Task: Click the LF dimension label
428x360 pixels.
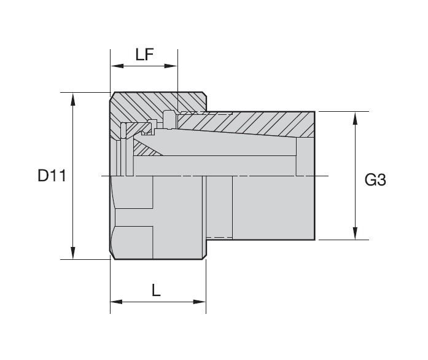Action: coord(144,55)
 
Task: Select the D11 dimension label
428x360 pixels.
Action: coord(51,176)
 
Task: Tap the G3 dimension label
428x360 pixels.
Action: coord(375,180)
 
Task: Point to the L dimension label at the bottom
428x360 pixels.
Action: coord(157,290)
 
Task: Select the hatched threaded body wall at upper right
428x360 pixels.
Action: coord(270,125)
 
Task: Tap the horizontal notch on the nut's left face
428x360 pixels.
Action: coord(132,227)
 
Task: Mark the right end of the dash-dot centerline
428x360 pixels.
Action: coord(329,176)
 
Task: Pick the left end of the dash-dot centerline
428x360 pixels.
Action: coord(102,176)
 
